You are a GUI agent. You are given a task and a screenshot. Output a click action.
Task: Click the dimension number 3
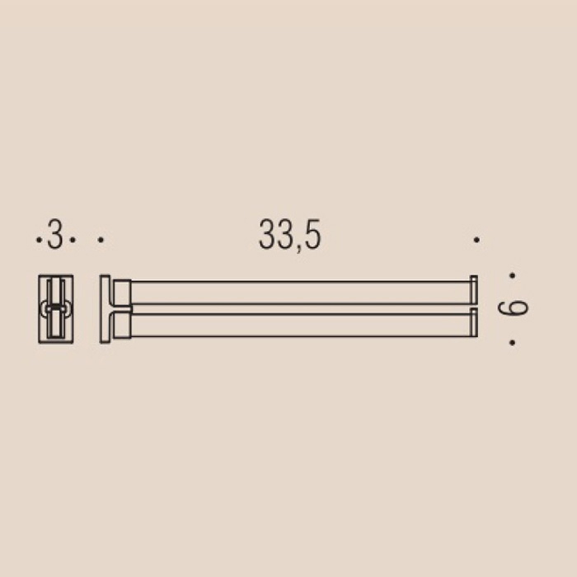click(55, 234)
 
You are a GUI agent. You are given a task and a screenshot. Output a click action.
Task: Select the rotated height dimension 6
click(513, 308)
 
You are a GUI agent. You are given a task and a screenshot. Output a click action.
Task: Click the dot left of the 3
click(39, 240)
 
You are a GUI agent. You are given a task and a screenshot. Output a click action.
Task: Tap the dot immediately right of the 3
click(73, 240)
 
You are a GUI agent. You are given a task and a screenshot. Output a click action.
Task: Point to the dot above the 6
click(512, 275)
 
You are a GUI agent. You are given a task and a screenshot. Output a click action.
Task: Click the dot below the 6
click(512, 343)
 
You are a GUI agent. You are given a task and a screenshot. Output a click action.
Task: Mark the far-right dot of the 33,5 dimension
click(476, 240)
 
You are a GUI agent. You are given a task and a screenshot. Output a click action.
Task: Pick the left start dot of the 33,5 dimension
click(101, 240)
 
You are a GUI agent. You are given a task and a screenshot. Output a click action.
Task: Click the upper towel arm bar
click(301, 293)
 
